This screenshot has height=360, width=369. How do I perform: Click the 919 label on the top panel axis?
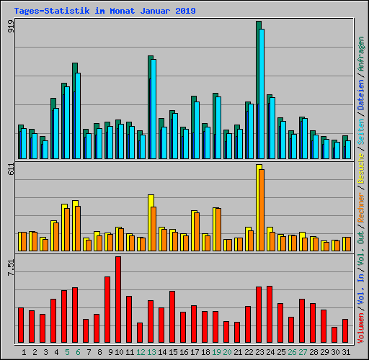click(x=11, y=27)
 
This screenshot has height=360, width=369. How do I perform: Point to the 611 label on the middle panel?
click(x=11, y=169)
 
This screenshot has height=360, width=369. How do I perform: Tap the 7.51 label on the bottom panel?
click(x=11, y=268)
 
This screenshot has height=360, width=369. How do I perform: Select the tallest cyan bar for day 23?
click(x=261, y=94)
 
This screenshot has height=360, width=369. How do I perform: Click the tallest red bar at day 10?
click(x=118, y=299)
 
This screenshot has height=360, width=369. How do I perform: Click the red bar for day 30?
click(x=334, y=335)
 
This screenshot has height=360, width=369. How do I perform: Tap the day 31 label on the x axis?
click(x=345, y=352)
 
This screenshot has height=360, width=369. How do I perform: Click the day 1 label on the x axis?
click(x=24, y=352)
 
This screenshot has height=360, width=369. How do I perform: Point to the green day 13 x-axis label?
click(x=151, y=352)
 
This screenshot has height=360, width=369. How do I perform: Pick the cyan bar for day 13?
click(x=154, y=108)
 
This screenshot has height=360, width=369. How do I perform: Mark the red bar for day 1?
click(x=21, y=325)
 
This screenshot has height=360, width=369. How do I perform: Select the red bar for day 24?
click(x=270, y=314)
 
